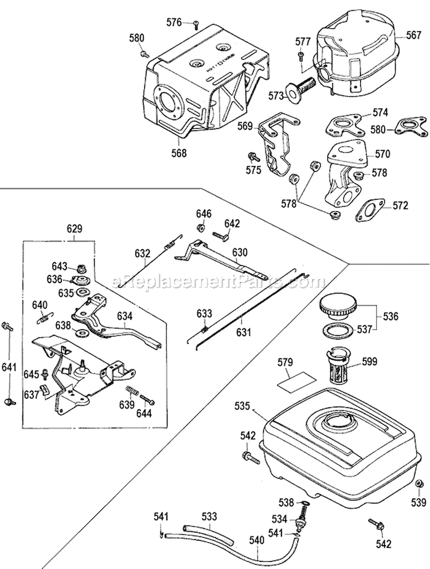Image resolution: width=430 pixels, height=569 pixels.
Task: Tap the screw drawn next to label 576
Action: [x=197, y=23]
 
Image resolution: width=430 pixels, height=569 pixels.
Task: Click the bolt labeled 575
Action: [x=251, y=156]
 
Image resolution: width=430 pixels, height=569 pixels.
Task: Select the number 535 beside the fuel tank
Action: [x=243, y=406]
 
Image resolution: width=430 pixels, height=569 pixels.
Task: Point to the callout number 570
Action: [x=382, y=154]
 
